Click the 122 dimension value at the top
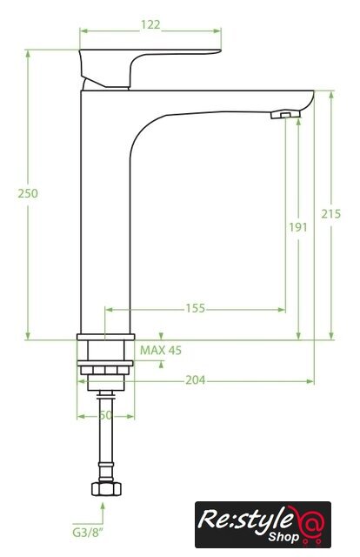(x=150, y=25)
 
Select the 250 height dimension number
(x=28, y=193)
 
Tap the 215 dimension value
(x=331, y=214)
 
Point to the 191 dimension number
(x=297, y=227)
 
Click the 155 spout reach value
(x=196, y=308)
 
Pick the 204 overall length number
(x=196, y=380)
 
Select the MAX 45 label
(x=161, y=350)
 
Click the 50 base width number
(x=105, y=415)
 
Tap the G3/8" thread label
(x=87, y=533)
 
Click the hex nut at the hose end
(x=106, y=489)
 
